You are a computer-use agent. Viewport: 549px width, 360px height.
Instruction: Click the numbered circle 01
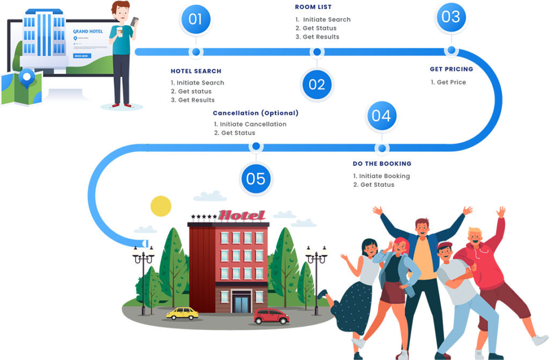pyautogui.click(x=196, y=19)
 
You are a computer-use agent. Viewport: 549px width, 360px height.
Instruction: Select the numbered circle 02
pyautogui.click(x=317, y=84)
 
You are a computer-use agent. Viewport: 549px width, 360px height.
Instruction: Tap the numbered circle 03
pyautogui.click(x=451, y=17)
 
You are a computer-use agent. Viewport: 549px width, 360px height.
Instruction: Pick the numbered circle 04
pyautogui.click(x=381, y=116)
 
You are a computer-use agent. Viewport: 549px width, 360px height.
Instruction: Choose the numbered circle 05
pyautogui.click(x=256, y=179)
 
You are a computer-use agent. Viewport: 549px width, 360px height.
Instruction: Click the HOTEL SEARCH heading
pyautogui.click(x=196, y=71)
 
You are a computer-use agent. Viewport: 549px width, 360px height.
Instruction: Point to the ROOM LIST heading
pyautogui.click(x=314, y=7)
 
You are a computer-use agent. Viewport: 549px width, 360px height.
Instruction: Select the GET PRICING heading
pyautogui.click(x=451, y=69)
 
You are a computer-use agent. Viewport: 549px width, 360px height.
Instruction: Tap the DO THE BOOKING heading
pyautogui.click(x=382, y=164)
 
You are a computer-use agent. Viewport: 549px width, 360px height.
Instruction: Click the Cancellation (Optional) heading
pyautogui.click(x=255, y=113)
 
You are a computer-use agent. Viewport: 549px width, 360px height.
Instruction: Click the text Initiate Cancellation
pyautogui.click(x=253, y=124)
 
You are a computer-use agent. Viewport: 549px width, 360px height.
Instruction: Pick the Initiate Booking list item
pyautogui.click(x=384, y=176)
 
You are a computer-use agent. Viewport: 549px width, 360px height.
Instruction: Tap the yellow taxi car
pyautogui.click(x=182, y=313)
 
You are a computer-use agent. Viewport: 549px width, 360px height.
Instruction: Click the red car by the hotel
pyautogui.click(x=271, y=317)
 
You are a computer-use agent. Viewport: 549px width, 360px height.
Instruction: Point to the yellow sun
pyautogui.click(x=160, y=206)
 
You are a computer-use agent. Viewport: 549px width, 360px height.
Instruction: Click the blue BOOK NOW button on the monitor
pyautogui.click(x=83, y=56)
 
